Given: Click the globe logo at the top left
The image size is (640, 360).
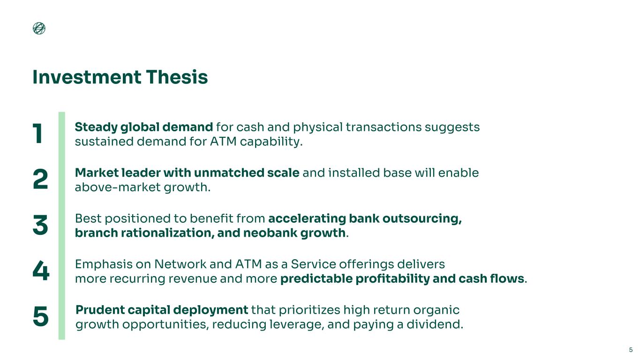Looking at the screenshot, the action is tap(39, 28).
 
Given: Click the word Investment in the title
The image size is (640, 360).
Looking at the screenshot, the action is tap(87, 77).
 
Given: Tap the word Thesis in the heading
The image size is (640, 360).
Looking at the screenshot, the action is tap(177, 77).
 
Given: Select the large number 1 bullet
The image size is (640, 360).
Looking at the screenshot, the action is tap(38, 133).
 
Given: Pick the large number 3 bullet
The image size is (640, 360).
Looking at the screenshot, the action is tap(40, 225).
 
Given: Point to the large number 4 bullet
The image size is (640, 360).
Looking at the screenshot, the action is tap(41, 270).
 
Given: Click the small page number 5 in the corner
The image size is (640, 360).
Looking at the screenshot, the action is tap(631, 350).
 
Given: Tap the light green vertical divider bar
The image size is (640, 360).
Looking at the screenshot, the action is tap(62, 226).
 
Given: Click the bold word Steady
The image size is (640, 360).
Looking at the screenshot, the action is tap(96, 127).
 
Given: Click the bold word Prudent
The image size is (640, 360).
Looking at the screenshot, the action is tap(100, 310).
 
